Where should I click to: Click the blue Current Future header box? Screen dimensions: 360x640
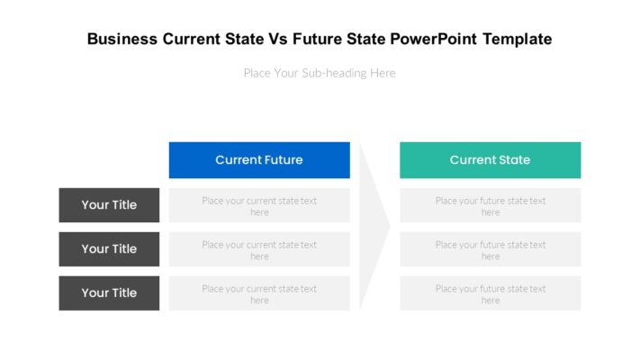click(259, 160)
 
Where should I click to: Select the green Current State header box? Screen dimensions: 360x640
click(490, 160)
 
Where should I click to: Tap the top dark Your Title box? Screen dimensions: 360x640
click(109, 205)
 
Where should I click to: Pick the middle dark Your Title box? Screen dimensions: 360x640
click(109, 249)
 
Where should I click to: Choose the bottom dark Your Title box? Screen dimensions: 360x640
click(109, 293)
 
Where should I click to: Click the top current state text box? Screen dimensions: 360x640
click(259, 206)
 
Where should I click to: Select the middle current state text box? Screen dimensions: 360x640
click(259, 250)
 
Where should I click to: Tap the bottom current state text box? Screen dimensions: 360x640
click(259, 294)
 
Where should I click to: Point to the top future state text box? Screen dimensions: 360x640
click(490, 206)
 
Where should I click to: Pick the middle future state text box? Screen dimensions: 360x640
click(490, 250)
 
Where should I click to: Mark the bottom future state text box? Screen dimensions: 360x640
click(490, 294)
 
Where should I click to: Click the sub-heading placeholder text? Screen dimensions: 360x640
click(320, 73)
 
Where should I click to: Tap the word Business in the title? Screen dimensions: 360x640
click(122, 40)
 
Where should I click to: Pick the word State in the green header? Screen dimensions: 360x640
click(514, 160)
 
